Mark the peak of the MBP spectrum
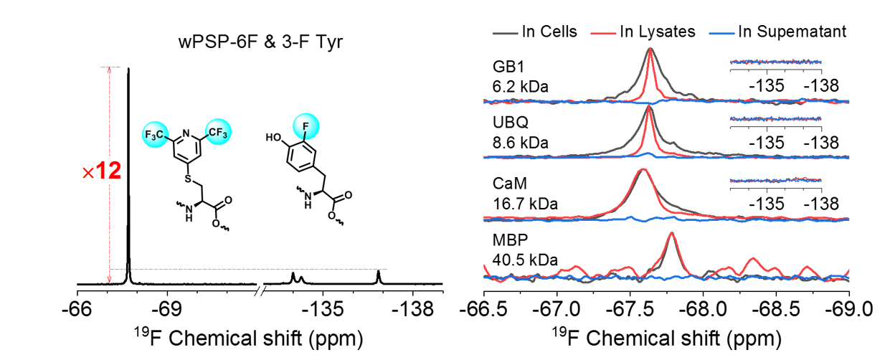click(671, 234)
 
